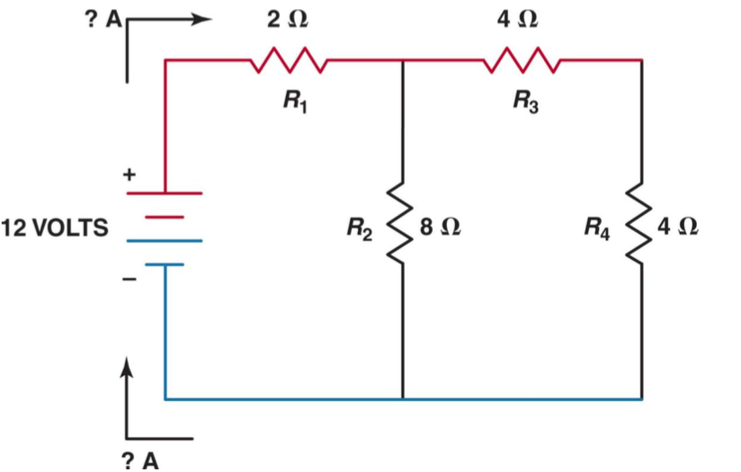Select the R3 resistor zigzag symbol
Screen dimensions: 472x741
(523, 61)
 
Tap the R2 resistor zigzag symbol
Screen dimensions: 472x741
(402, 226)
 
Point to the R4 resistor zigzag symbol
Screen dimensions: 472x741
(641, 226)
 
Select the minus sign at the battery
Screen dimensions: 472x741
(129, 281)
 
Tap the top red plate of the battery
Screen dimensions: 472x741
(165, 192)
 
